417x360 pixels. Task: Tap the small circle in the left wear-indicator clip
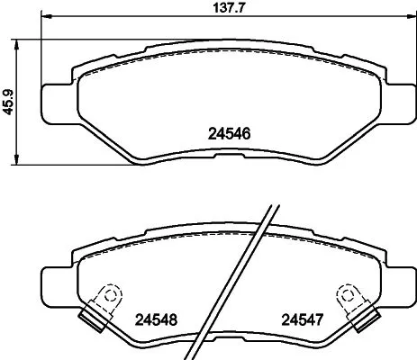pyautogui.click(x=109, y=292)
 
